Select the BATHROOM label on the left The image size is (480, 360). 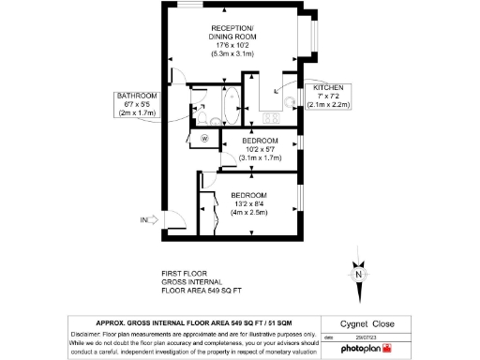136,95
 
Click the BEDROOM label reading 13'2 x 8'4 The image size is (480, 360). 250,196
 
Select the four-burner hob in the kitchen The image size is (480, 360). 272,116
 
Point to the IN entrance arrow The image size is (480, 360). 150,221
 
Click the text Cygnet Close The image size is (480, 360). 367,323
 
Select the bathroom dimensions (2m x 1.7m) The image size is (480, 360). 136,113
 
